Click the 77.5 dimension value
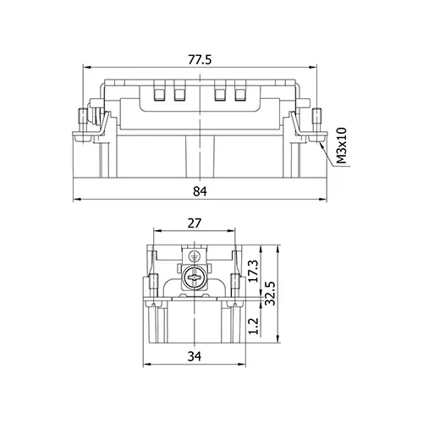pos(200,60)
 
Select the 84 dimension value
pos(200,191)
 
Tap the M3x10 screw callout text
pos(342,146)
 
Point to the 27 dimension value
pos(195,223)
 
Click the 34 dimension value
pos(195,356)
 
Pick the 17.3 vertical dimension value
pos(253,271)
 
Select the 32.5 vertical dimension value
pos(270,293)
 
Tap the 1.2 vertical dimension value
pos(253,326)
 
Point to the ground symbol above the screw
pos(194,256)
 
